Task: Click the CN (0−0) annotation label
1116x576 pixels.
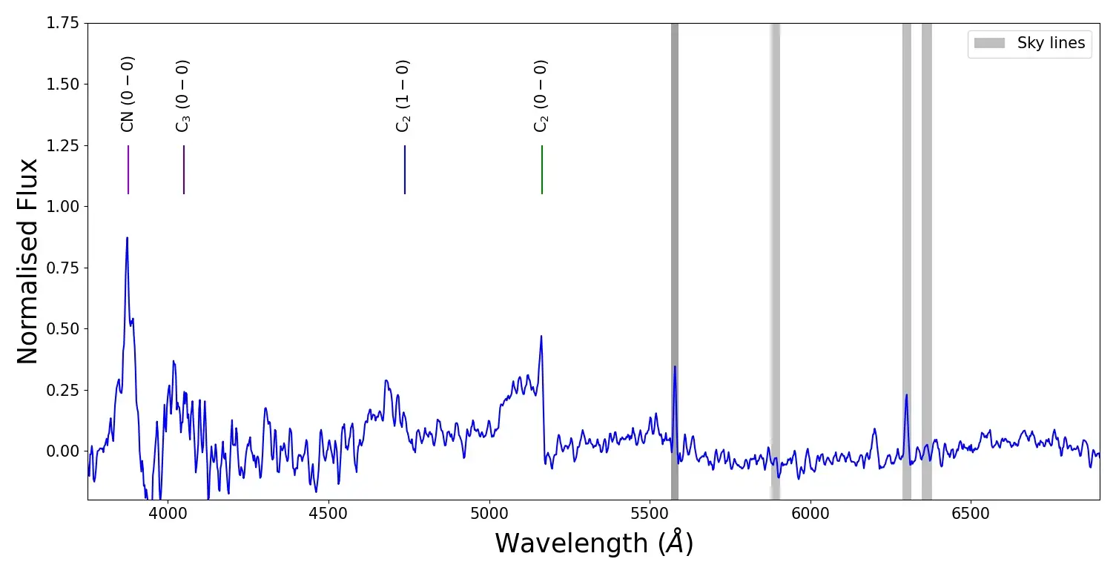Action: pos(128,94)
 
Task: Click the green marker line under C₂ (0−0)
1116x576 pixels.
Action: pos(542,169)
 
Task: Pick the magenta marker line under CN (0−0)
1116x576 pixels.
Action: pos(128,169)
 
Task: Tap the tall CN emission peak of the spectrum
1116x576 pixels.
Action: pos(127,239)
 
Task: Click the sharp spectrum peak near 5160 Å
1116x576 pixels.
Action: pos(541,337)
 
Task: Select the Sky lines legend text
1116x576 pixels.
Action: pos(1051,43)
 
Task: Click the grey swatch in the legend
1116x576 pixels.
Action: pos(989,43)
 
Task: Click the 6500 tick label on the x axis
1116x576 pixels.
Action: pos(971,512)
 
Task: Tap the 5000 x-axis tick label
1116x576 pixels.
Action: pos(489,512)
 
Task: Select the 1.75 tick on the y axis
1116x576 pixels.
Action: pos(62,24)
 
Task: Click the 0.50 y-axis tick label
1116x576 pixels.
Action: pos(62,328)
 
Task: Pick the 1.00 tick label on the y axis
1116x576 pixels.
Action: pos(62,206)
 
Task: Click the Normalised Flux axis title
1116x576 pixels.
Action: pos(27,261)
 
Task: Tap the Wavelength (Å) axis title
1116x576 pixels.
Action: pos(594,543)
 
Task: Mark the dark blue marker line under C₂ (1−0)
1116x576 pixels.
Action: pos(405,169)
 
